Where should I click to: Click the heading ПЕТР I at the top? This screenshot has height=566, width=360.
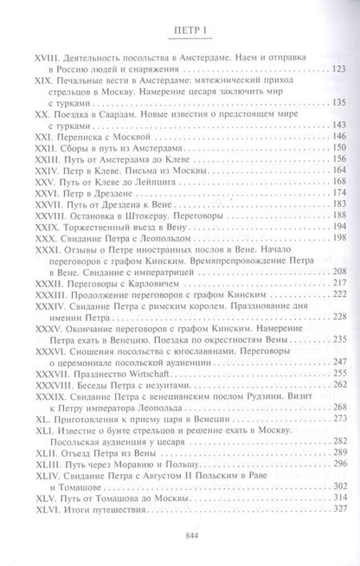pos(180,25)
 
